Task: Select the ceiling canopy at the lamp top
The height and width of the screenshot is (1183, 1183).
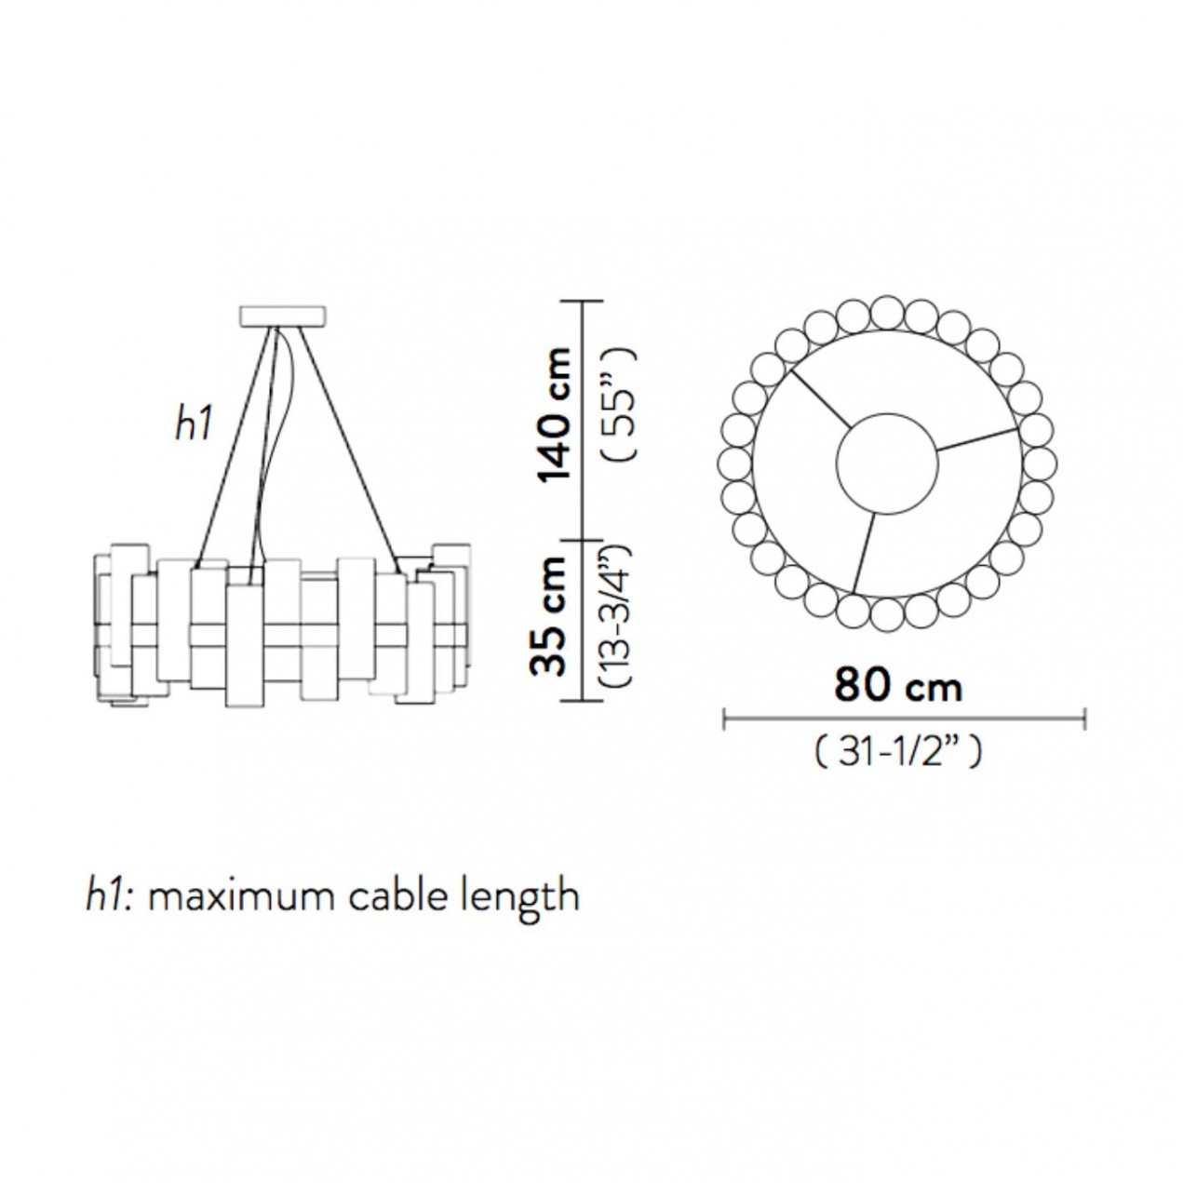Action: (282, 316)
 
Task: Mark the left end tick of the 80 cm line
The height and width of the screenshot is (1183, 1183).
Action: (725, 719)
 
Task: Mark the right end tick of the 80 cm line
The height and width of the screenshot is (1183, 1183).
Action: (1085, 719)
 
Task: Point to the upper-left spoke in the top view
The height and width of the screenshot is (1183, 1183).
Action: (821, 399)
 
